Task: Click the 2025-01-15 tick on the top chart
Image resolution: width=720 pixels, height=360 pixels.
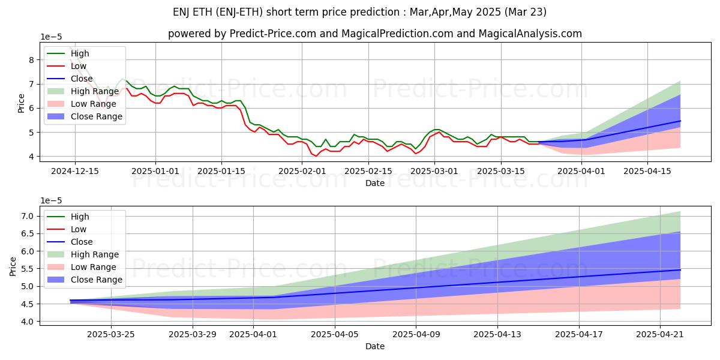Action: pos(221,170)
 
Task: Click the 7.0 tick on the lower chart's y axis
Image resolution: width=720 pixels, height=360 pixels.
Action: pos(27,216)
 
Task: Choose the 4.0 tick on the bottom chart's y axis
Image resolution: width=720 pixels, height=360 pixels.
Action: pos(27,322)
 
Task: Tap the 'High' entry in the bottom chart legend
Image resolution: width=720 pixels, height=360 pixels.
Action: pos(79,217)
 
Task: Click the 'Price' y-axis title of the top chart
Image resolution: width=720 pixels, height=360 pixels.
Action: pos(22,103)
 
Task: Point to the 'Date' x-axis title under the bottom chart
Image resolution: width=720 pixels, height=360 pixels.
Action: pos(375,346)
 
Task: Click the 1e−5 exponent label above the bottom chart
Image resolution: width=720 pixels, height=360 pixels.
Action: pos(51,200)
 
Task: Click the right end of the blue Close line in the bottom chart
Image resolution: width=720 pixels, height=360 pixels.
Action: pos(680,270)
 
